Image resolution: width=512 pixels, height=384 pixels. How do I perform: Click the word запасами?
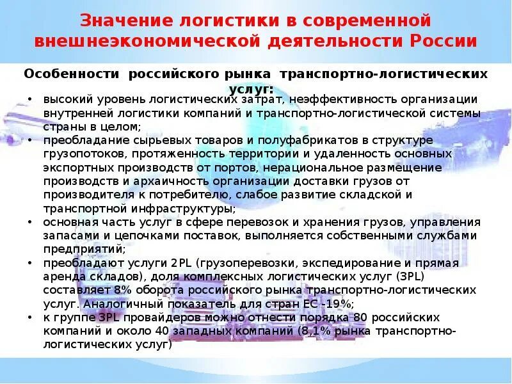tap(66, 236)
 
